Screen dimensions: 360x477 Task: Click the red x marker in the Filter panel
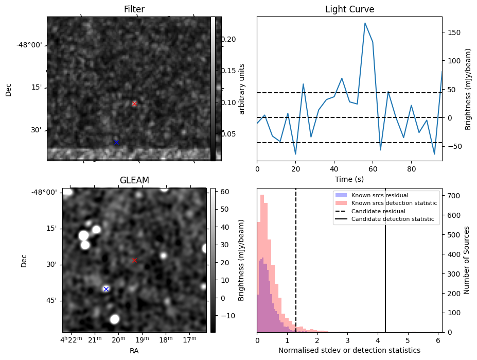coord(134,104)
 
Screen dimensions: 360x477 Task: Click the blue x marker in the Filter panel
coord(116,142)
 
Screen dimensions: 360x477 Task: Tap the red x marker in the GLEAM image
coord(134,260)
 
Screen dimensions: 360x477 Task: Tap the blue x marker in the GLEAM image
coord(106,289)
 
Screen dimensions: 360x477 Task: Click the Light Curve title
coord(349,10)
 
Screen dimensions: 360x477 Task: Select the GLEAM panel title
coord(134,180)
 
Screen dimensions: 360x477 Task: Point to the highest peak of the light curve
coord(365,23)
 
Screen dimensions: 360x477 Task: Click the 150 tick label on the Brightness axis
coord(453,32)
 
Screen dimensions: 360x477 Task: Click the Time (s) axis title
coord(349,178)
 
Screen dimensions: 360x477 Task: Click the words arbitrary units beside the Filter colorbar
coord(242,89)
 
